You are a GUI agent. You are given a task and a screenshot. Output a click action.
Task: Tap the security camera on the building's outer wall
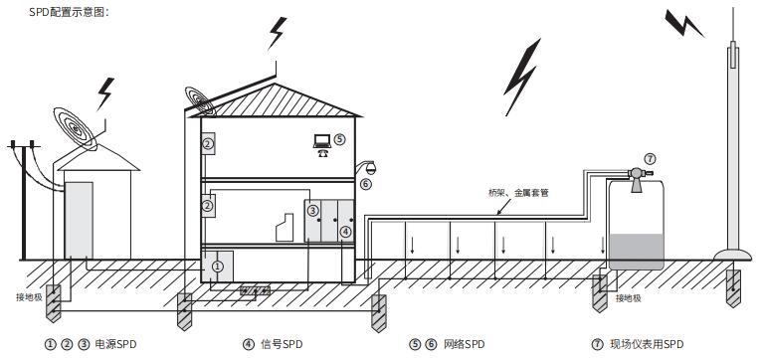click(370, 166)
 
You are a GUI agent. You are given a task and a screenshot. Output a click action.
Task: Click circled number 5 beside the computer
click(339, 140)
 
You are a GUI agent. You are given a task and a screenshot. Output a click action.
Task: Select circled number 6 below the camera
click(366, 184)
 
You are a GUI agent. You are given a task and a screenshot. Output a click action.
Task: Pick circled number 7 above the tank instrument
click(651, 158)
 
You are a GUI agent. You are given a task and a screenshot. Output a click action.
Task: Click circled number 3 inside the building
click(312, 211)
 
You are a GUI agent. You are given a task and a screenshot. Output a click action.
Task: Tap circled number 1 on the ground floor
click(217, 267)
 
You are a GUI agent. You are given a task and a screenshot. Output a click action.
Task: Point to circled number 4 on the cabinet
click(345, 231)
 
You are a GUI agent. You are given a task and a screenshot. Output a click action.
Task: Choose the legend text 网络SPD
click(458, 344)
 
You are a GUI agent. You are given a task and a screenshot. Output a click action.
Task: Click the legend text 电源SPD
click(113, 344)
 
